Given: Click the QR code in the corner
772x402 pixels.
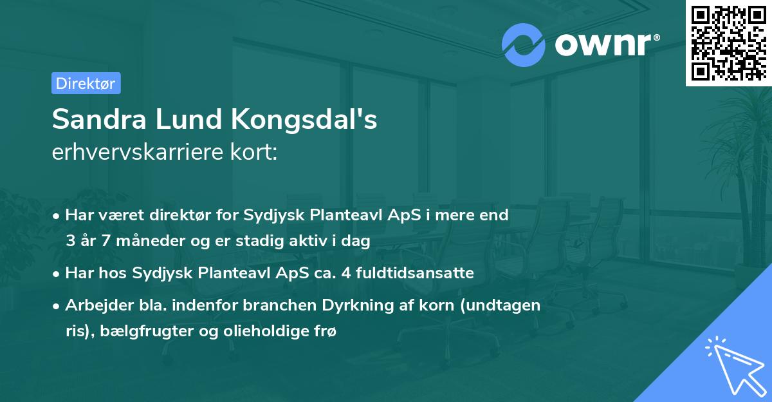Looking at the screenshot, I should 728,43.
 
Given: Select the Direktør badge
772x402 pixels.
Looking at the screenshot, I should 86,83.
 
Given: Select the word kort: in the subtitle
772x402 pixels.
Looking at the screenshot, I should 255,153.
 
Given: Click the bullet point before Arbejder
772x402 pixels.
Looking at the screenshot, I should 57,306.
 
